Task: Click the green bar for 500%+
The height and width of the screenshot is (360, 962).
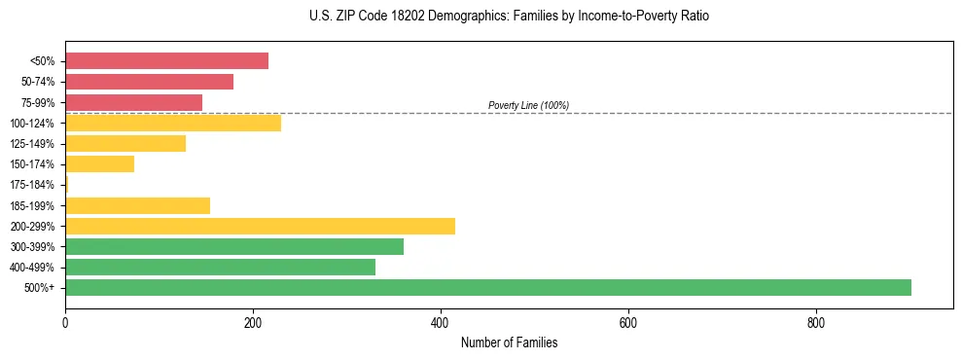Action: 487,287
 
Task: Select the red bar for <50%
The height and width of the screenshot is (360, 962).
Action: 166,61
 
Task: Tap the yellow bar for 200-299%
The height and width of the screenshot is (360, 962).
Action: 260,226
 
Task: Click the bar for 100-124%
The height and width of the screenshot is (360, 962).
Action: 173,123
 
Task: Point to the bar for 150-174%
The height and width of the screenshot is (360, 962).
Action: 99,163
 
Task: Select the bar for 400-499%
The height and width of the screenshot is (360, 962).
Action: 220,267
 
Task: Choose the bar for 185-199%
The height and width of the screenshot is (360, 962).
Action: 137,205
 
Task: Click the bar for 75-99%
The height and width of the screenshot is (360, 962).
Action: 133,102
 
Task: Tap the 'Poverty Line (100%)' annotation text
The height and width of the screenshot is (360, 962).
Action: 528,105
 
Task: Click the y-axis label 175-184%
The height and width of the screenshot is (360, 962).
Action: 32,185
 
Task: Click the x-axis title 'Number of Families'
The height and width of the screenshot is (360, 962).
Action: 509,343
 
